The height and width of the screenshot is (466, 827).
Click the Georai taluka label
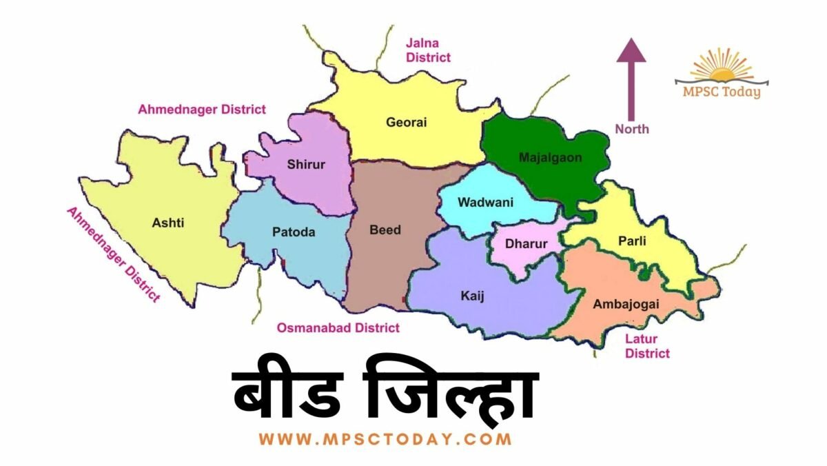pyautogui.click(x=407, y=123)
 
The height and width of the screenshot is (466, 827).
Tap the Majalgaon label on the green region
pyautogui.click(x=550, y=158)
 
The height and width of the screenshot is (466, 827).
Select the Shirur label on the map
pyautogui.click(x=306, y=164)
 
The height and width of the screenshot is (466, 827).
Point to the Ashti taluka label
pyautogui.click(x=168, y=223)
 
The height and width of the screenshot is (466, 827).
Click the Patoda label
pyautogui.click(x=294, y=232)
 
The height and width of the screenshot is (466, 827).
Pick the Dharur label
pyautogui.click(x=526, y=244)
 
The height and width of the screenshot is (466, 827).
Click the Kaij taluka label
pyautogui.click(x=472, y=296)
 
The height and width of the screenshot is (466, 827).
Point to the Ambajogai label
pyautogui.click(x=626, y=304)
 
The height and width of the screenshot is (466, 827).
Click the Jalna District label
pyautogui.click(x=428, y=51)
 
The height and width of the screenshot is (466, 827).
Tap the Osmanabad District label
pyautogui.click(x=338, y=328)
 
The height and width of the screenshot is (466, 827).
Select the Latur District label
pyautogui.click(x=646, y=346)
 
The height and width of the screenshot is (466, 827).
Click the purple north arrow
pyautogui.click(x=631, y=79)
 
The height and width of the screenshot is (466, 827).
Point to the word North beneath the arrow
pyautogui.click(x=632, y=129)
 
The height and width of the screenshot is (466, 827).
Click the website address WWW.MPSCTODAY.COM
pyautogui.click(x=385, y=438)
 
